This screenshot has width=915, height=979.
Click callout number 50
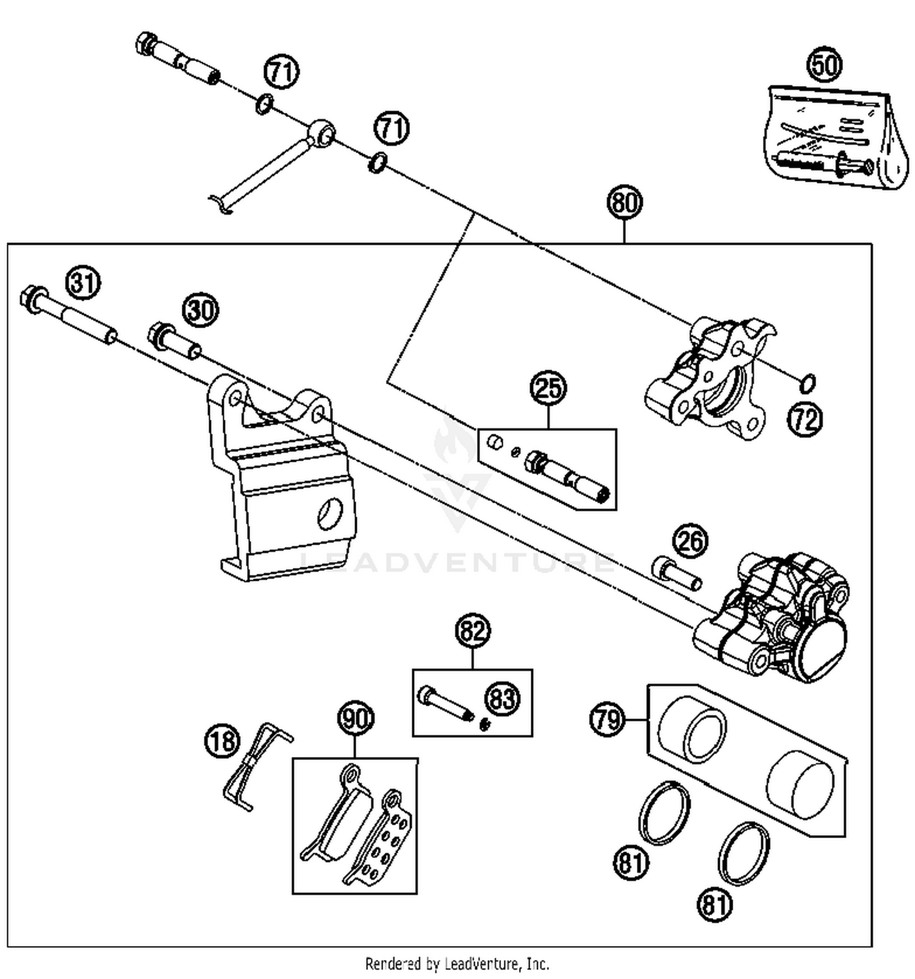coord(824,64)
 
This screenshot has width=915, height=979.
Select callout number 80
coord(625,203)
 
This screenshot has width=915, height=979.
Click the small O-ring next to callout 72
coord(807,384)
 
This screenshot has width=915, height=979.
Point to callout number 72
coord(805,420)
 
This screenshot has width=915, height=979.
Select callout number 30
coord(201,310)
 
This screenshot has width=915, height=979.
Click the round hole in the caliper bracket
coord(330,514)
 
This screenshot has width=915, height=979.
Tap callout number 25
coord(548,387)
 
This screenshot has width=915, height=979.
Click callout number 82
coord(473,631)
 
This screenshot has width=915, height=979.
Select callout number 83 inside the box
coord(503,698)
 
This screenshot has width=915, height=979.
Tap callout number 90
coord(356,719)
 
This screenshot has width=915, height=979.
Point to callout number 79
coord(607,720)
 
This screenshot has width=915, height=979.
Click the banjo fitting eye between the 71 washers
coord(321,133)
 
